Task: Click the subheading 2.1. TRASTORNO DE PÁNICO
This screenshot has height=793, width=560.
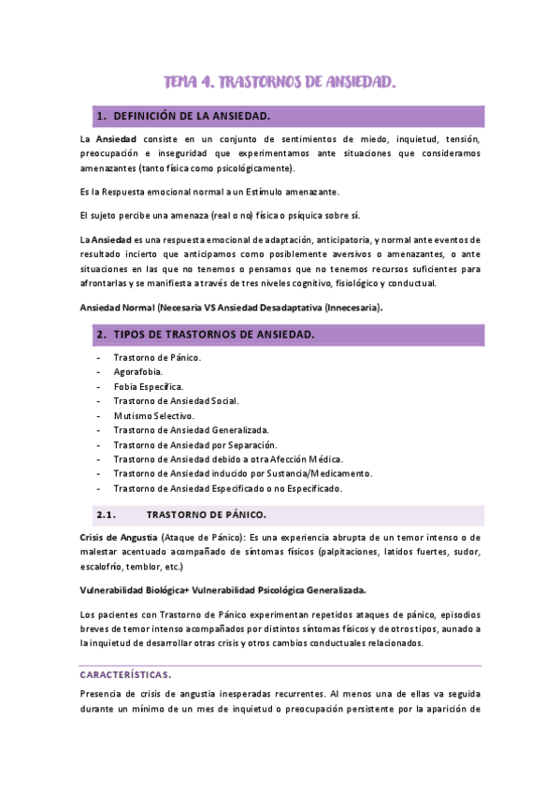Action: coord(207,514)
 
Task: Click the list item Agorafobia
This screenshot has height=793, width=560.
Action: coord(137,371)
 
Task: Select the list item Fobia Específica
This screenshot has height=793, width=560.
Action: coord(148,386)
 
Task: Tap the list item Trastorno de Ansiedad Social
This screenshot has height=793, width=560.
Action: coord(176,400)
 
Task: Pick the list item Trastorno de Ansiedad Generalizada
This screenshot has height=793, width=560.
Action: coord(191,430)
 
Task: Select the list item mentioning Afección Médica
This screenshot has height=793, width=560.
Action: coord(228,459)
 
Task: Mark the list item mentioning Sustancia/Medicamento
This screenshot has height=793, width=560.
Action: coord(242,473)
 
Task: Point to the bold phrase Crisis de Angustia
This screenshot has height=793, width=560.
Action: coord(117,537)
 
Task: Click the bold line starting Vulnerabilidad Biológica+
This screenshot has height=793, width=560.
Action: coord(223,590)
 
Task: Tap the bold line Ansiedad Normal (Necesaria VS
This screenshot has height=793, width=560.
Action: coord(232,307)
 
